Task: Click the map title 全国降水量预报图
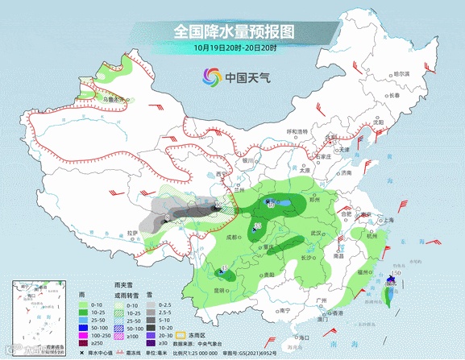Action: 234,31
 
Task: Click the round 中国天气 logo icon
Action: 212,77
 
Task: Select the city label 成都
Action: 232,237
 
